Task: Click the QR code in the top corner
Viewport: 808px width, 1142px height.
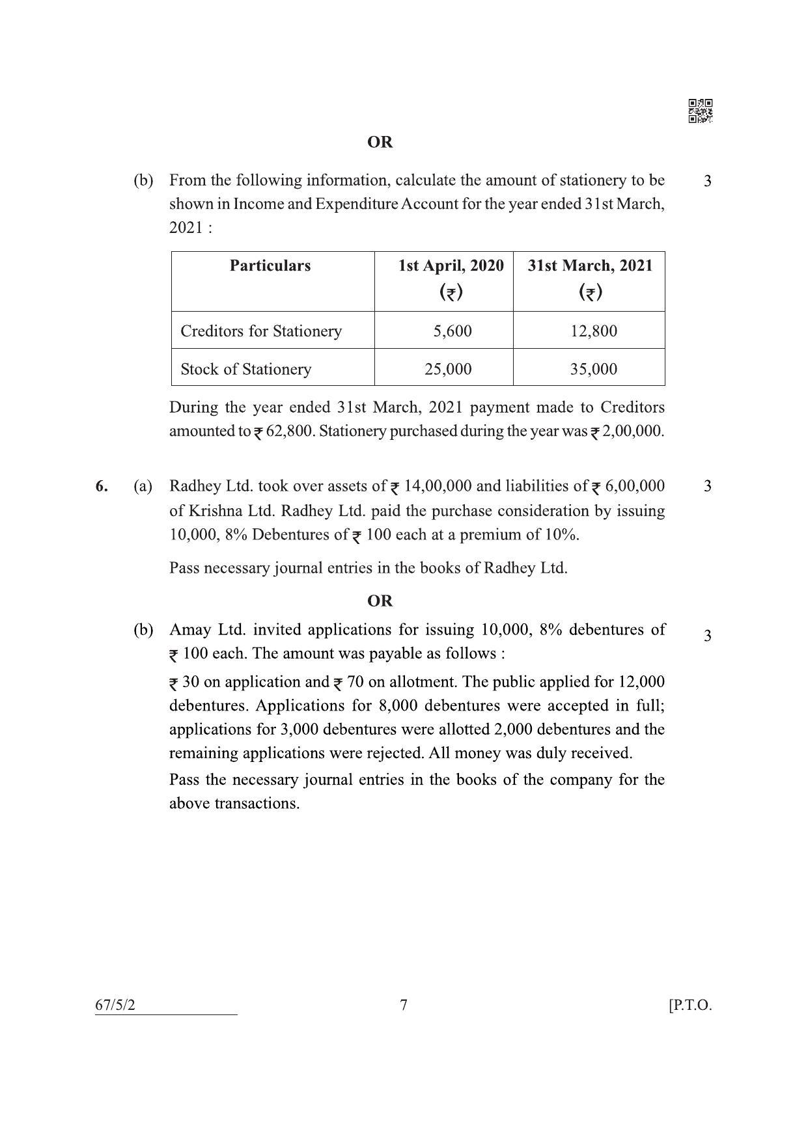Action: (x=700, y=111)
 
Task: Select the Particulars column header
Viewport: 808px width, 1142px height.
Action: (x=270, y=265)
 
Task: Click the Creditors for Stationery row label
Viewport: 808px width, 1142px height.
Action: (x=261, y=331)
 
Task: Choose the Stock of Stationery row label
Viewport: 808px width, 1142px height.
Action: (x=246, y=369)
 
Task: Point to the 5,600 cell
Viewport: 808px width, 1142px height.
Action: (x=453, y=331)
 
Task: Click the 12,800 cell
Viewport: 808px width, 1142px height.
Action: (x=593, y=331)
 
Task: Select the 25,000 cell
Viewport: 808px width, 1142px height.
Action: (x=448, y=369)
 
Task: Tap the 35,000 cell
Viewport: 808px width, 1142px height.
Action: (x=593, y=369)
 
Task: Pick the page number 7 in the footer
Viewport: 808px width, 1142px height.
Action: (x=404, y=1005)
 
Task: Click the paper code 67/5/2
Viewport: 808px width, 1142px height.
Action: (x=116, y=1005)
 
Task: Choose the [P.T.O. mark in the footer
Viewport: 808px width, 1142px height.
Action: (x=690, y=1005)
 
